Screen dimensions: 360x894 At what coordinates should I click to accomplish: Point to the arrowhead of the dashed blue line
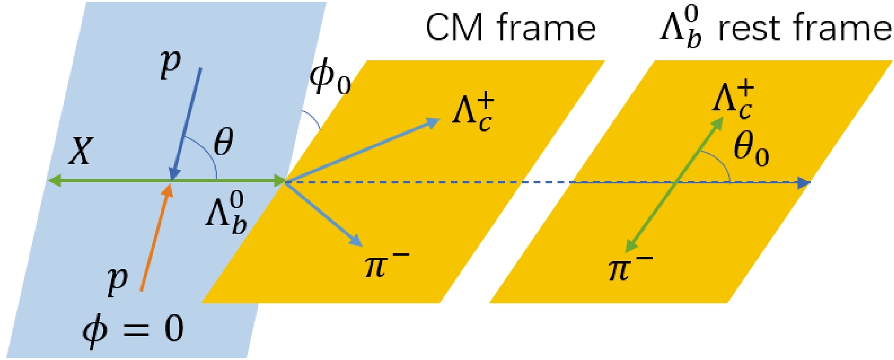(x=804, y=183)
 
